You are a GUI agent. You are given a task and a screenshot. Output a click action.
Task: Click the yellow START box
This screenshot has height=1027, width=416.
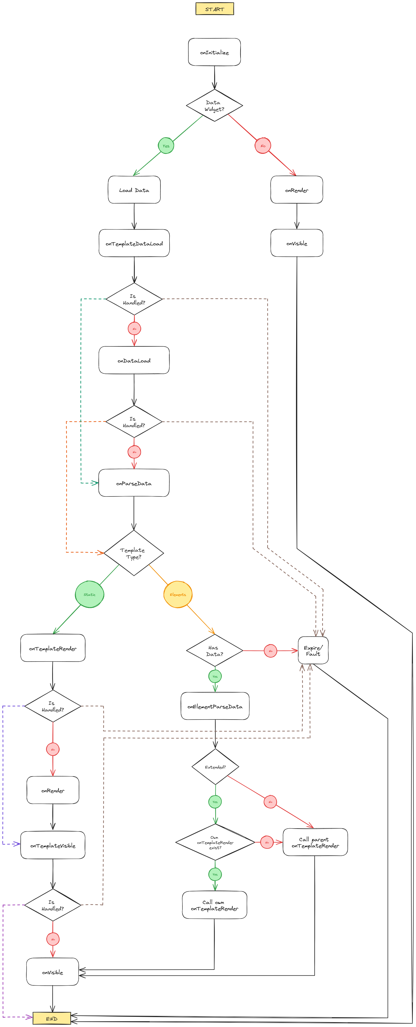[214, 9]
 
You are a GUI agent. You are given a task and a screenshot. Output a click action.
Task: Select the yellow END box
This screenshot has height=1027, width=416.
[52, 1018]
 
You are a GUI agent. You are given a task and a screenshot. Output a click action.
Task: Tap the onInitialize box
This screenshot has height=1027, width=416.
[214, 52]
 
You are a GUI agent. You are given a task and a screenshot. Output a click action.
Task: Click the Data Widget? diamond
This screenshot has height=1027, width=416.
[214, 106]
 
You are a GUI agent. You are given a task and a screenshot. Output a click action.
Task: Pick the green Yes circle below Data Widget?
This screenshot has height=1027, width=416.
[166, 146]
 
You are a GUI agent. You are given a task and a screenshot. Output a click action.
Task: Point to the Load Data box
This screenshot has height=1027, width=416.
[134, 190]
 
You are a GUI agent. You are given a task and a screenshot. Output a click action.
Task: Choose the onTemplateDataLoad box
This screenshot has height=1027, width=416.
[134, 243]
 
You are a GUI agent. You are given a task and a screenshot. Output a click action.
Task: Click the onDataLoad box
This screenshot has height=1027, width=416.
[134, 360]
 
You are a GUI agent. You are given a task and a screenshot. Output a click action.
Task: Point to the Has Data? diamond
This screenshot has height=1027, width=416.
[214, 651]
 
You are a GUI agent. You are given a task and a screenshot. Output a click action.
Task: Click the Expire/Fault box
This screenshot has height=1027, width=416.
[313, 651]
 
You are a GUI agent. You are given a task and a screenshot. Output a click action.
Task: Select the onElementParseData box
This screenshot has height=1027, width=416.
[215, 706]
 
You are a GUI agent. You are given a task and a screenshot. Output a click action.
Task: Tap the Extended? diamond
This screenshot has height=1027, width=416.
[215, 767]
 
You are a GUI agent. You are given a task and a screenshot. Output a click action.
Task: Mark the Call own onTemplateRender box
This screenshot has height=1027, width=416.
[214, 905]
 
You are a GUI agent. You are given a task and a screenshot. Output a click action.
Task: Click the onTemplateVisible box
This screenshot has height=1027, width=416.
[53, 845]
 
